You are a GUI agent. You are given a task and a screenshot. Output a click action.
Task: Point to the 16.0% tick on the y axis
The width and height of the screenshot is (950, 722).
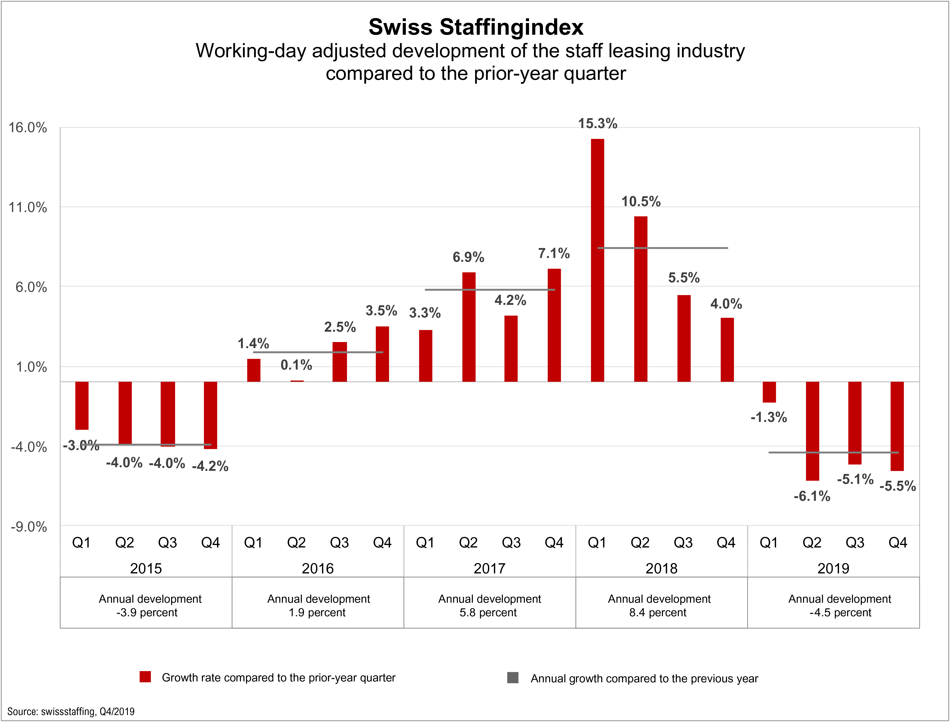coord(28,128)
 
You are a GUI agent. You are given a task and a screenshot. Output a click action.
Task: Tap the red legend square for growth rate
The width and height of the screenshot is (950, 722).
coord(145,677)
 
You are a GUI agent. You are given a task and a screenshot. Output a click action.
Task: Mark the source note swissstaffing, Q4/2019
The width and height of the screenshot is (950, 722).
coord(71,711)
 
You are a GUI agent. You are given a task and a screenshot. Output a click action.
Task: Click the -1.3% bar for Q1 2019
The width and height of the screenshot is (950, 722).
coord(769,392)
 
